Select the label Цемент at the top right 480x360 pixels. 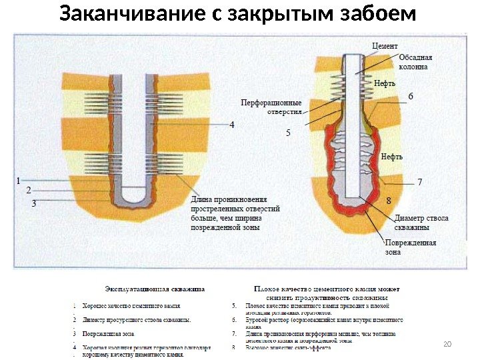[x=384, y=46]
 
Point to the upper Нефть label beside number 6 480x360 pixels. [x=385, y=84]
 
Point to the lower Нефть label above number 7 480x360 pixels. [x=391, y=157]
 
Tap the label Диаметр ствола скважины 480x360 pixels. [x=421, y=222]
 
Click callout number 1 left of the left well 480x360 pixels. [x=19, y=179]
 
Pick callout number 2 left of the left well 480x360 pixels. [x=28, y=190]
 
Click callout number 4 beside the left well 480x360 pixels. [x=232, y=125]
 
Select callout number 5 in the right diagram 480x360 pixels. [x=288, y=133]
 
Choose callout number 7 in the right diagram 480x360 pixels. [x=419, y=181]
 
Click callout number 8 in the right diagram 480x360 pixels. [x=389, y=200]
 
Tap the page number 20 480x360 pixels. [x=447, y=343]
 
